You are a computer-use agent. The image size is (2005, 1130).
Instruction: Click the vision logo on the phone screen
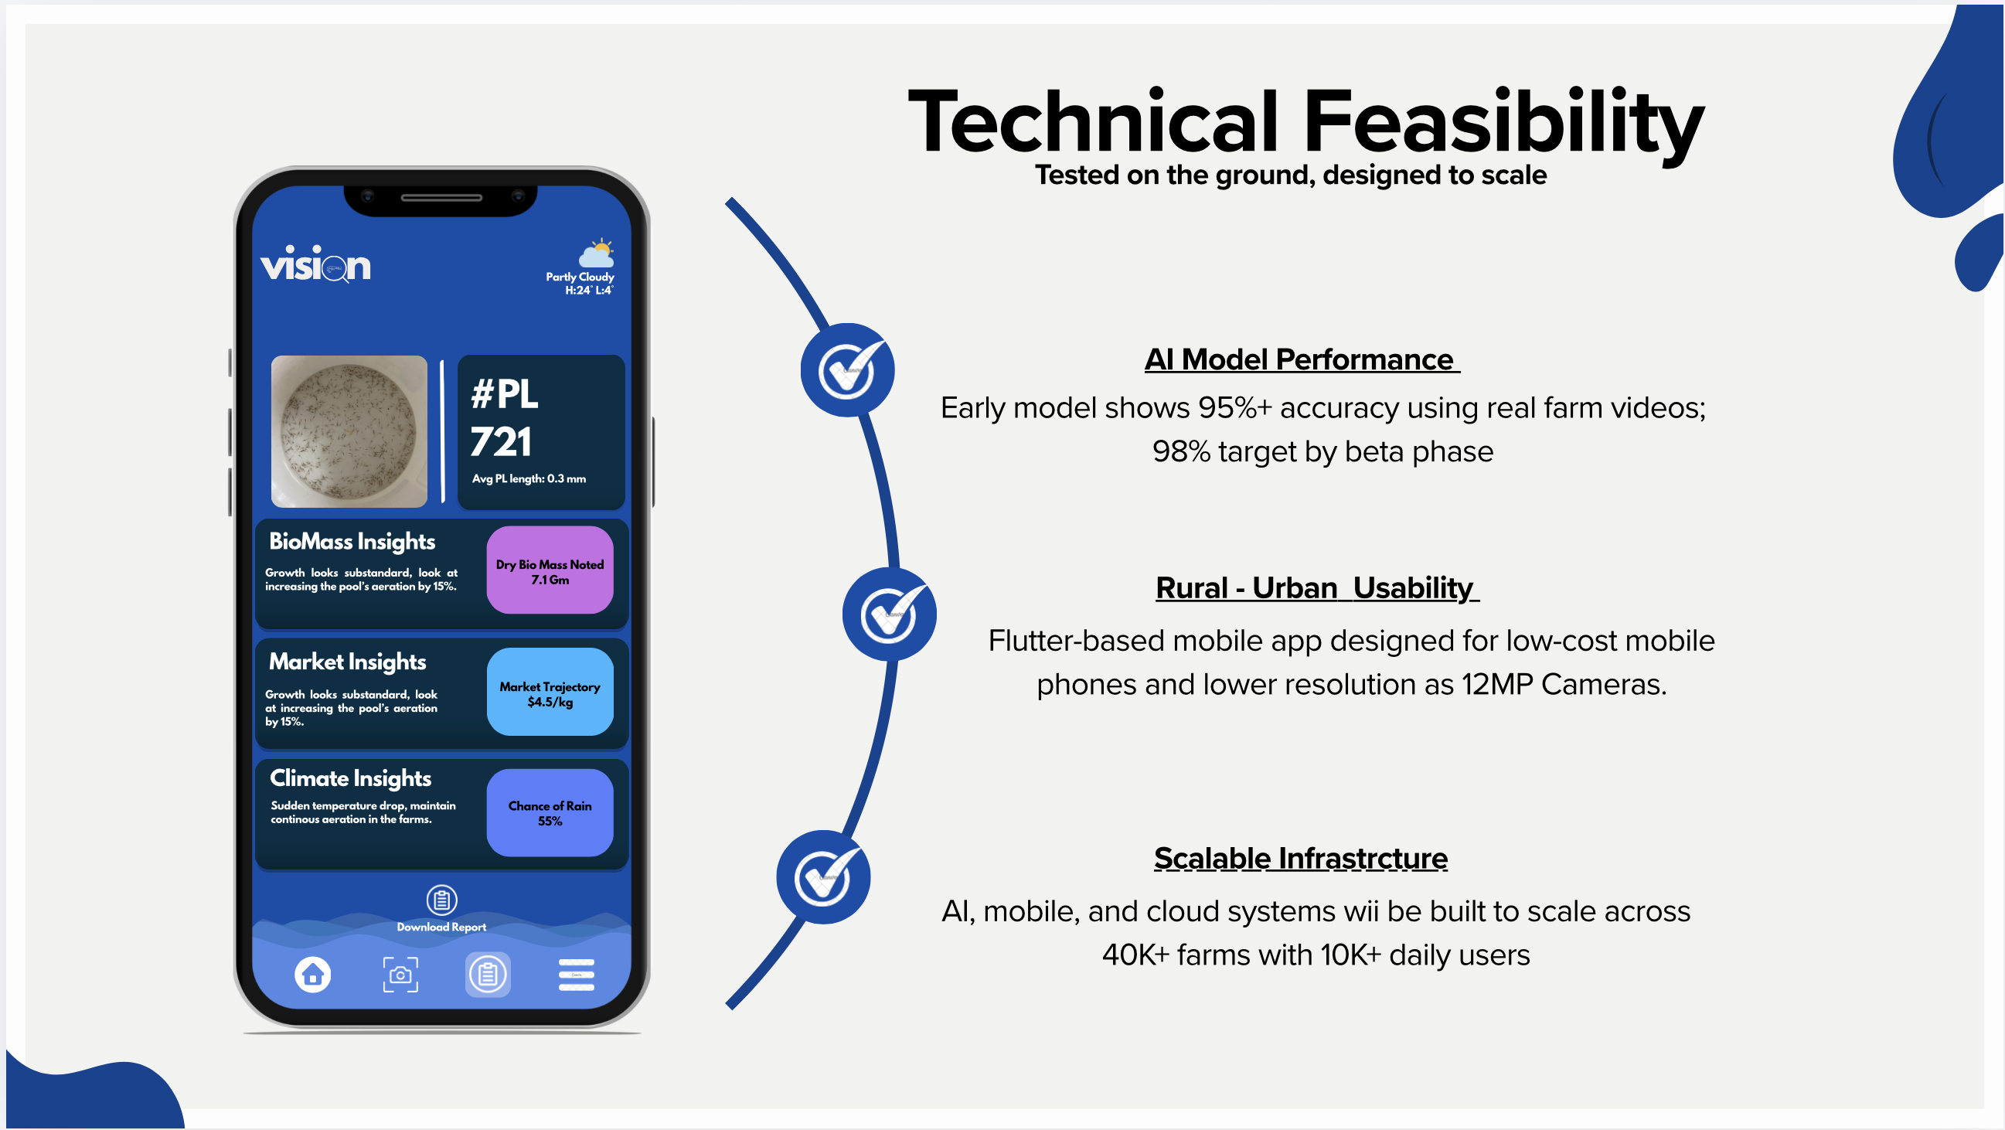tap(315, 264)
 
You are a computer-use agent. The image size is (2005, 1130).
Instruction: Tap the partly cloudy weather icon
tap(596, 254)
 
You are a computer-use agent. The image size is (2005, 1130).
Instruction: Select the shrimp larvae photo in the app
tap(349, 431)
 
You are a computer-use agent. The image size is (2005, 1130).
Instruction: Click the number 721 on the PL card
tap(500, 442)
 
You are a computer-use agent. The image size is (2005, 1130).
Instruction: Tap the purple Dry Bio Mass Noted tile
tap(550, 570)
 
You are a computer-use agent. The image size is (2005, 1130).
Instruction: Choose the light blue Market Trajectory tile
tap(550, 692)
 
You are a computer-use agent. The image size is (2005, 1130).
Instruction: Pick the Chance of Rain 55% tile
tap(550, 812)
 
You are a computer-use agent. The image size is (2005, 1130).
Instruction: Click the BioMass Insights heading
tap(352, 542)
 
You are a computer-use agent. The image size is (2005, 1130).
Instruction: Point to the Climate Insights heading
tap(350, 778)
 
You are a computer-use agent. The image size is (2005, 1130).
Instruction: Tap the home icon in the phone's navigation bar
tap(313, 975)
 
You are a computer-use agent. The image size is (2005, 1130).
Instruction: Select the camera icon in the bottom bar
tap(400, 975)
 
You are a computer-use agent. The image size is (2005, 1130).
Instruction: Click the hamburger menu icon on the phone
tap(576, 975)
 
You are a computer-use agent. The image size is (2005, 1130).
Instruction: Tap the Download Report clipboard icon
tap(441, 900)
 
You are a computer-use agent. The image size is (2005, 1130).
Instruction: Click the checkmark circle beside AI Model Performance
tap(847, 370)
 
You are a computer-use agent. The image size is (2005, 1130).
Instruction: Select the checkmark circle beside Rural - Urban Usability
tap(889, 614)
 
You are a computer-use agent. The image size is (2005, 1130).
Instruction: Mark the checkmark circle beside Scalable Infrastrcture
tap(822, 877)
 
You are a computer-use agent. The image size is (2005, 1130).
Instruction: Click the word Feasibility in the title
tap(1502, 123)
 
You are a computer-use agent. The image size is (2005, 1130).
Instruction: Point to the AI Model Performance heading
tap(1301, 359)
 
